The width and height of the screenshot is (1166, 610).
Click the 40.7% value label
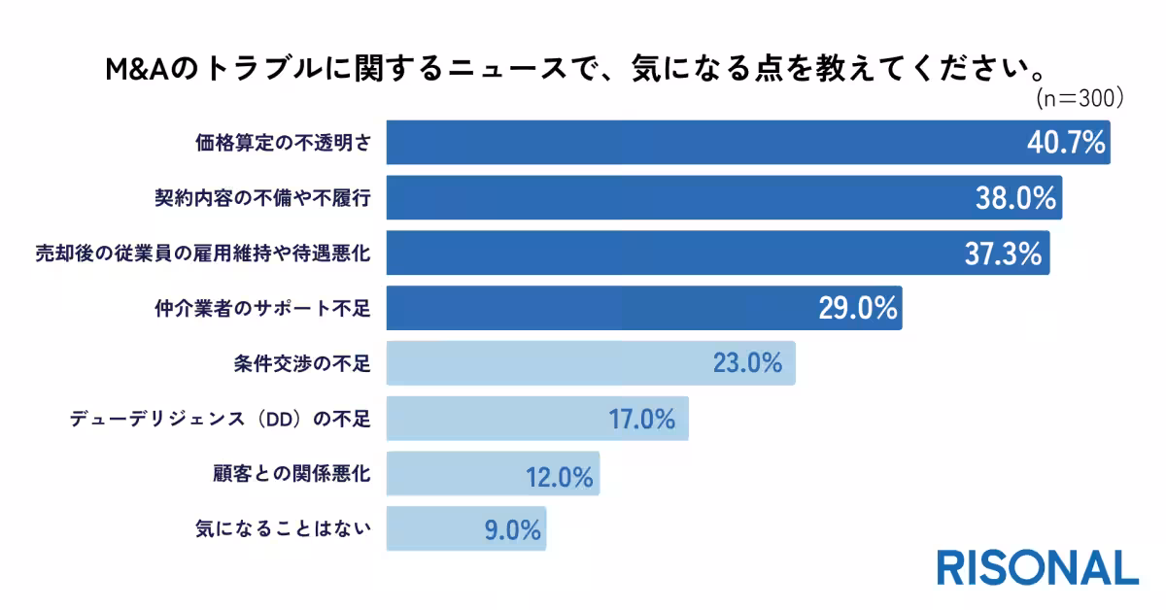[1066, 143]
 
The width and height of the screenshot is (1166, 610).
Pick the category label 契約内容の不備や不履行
[264, 198]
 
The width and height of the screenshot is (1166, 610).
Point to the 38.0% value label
[1016, 198]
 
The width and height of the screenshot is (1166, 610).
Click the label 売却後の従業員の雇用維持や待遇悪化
[203, 254]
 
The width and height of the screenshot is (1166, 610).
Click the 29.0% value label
[856, 309]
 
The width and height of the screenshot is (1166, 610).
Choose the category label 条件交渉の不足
[307, 364]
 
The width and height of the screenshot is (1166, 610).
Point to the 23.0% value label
[747, 364]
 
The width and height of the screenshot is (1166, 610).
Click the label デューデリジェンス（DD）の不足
[220, 420]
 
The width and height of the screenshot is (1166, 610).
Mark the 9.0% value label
[511, 531]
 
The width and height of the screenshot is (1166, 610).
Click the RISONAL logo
[1037, 567]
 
